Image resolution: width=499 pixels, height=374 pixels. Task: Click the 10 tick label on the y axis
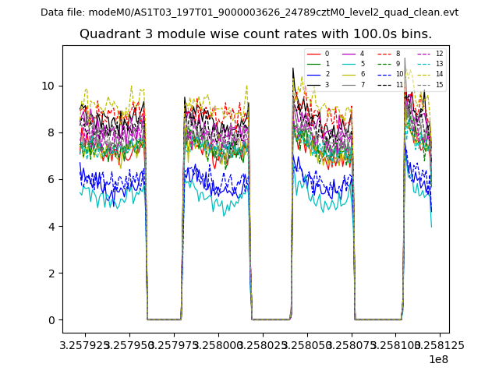[48, 86]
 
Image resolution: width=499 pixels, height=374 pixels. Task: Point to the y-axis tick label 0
[51, 320]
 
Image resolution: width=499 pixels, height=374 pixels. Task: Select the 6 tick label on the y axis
[51, 180]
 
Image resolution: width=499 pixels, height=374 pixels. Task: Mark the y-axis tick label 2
[51, 273]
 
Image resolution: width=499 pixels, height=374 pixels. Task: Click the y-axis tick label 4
[51, 227]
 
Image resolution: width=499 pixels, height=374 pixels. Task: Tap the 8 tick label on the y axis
[51, 132]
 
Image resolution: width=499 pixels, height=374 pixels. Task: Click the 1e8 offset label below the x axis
[437, 359]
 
